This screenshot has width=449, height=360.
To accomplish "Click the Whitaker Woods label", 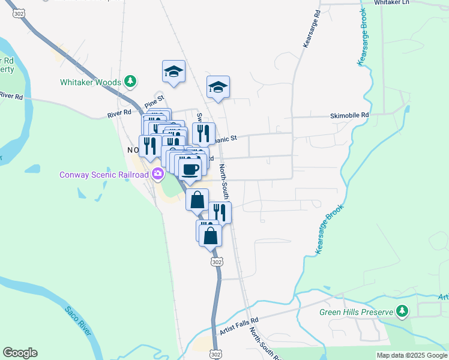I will [91, 82].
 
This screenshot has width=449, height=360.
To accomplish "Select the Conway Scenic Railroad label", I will [103, 175].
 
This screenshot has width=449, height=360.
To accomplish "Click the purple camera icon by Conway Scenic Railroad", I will [158, 175].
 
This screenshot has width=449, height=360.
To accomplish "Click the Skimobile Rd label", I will [349, 115].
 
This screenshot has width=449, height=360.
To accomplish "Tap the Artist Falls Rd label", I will [238, 326].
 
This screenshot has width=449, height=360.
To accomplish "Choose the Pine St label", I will [154, 101].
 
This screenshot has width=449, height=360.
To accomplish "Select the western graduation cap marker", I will [173, 71].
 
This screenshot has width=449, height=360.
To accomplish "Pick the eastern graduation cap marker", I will [218, 87].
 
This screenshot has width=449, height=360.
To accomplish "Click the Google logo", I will [20, 353].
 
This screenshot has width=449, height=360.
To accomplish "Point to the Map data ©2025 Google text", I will [412, 355].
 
